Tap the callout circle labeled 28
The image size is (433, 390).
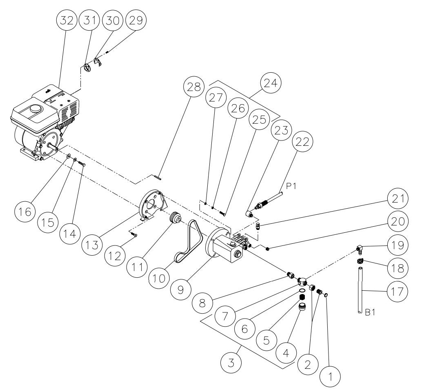pyautogui.click(x=194, y=87)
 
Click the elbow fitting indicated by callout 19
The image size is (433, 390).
pyautogui.click(x=359, y=248)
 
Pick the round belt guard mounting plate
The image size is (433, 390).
pyautogui.click(x=153, y=204)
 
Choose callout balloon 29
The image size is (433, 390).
pyautogui.click(x=136, y=21)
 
